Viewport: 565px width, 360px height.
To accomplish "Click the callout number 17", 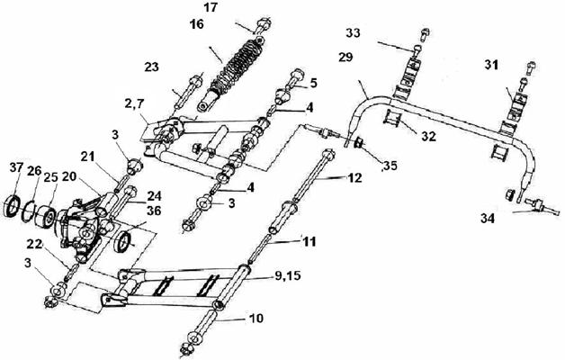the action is (210, 7).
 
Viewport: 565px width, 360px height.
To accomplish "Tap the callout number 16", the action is (197, 24).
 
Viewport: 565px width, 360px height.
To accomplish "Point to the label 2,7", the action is (134, 104).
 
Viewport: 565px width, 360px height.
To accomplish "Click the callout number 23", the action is (152, 67).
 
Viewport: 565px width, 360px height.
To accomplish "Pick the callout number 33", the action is (353, 32).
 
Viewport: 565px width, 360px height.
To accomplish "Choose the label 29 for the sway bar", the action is (345, 57).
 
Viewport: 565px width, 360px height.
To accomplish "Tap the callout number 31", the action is (490, 65).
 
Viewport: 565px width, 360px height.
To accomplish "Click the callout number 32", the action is (429, 136).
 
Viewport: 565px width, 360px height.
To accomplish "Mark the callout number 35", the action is (390, 166).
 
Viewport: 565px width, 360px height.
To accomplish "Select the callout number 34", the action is (488, 219).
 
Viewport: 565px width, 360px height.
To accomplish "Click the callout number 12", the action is (354, 178).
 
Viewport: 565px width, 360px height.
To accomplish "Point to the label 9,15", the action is (287, 276).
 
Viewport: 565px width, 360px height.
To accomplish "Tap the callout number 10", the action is (256, 319).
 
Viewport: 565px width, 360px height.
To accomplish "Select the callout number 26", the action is (34, 171).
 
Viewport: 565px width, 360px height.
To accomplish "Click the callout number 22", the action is (34, 244).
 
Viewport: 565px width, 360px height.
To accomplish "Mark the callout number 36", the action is (154, 211).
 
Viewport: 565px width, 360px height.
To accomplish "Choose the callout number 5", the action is (313, 83).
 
